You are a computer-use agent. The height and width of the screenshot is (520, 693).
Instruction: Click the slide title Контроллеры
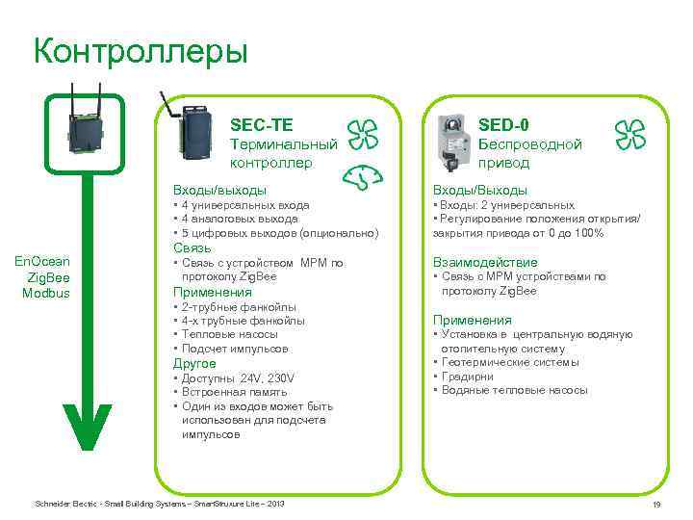(141, 50)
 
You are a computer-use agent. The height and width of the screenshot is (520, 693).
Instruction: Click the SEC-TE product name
(262, 124)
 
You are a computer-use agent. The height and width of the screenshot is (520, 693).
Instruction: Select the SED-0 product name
(502, 124)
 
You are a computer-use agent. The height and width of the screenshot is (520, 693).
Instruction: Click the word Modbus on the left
(46, 293)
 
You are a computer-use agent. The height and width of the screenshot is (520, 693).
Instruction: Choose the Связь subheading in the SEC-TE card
(191, 248)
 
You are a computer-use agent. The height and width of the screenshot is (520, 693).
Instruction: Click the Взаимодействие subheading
(485, 262)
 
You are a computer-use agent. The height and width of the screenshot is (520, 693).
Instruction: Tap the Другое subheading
(193, 364)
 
